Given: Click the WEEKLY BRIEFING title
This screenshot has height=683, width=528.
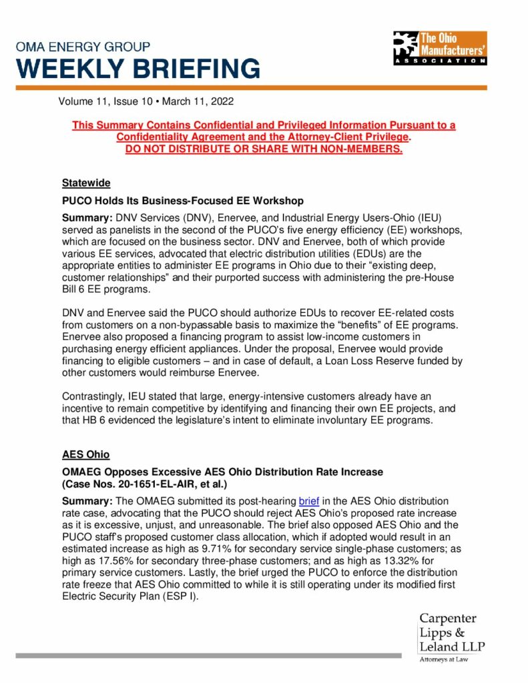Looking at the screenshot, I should click(x=138, y=69).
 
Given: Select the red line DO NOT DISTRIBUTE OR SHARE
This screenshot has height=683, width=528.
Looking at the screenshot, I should click(x=264, y=148).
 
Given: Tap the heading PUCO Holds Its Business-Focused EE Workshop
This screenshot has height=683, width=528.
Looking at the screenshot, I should click(x=183, y=200).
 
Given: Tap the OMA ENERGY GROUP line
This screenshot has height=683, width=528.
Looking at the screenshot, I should click(x=83, y=47).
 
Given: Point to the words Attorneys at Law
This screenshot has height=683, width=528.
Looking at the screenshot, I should click(x=443, y=660).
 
